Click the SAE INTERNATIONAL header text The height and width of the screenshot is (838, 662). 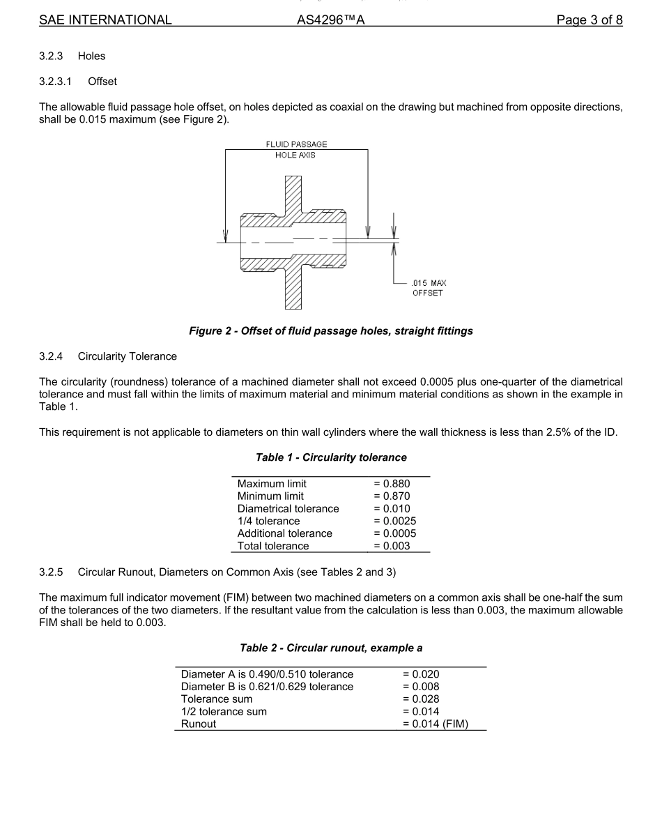coord(105,20)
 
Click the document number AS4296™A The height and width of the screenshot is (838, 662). coord(331,20)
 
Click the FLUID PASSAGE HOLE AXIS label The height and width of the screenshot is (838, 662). coord(296,150)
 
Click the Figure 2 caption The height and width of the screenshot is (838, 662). coord(331,331)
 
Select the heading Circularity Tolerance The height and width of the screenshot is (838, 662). coord(128,356)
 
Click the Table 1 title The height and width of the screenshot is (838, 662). coord(331,457)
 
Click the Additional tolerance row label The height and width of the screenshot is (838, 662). coord(284,533)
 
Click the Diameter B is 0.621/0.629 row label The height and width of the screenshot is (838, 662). coord(267,686)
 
